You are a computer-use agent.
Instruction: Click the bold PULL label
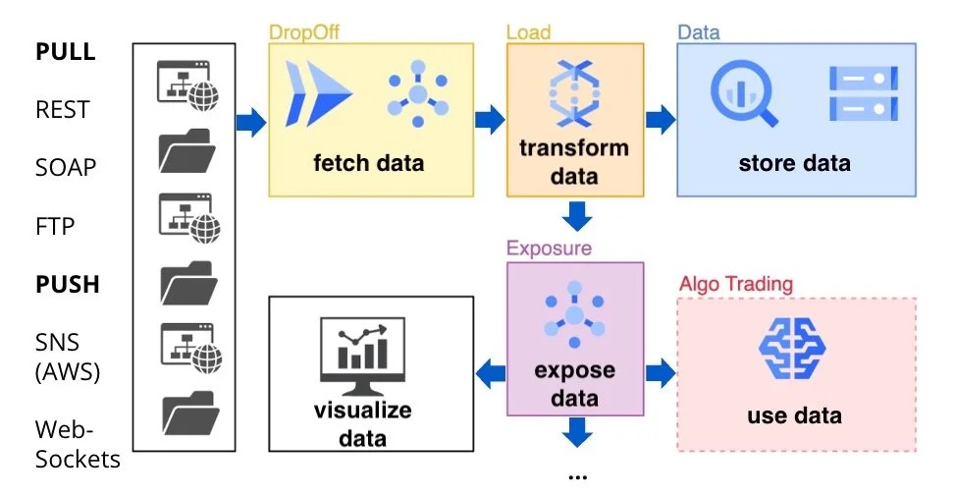[66, 52]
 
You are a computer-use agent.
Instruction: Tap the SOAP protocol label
[66, 167]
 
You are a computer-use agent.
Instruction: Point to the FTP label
[56, 226]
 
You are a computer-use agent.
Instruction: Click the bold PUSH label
[68, 285]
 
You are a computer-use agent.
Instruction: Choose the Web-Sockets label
[78, 444]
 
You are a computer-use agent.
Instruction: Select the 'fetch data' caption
[369, 162]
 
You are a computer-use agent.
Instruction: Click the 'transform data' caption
[574, 162]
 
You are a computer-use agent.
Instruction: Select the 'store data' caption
[794, 162]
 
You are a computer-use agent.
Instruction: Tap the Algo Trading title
[735, 284]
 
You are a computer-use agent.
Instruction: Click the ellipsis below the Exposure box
[577, 476]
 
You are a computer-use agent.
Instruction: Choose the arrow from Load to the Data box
[661, 121]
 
